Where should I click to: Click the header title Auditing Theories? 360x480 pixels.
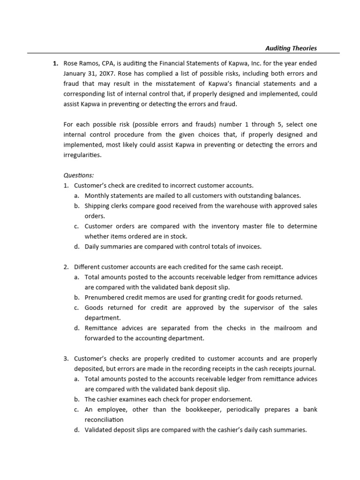point(291,48)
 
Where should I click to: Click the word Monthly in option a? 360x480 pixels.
point(97,195)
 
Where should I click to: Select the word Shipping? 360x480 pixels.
point(97,206)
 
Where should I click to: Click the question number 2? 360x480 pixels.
point(66,267)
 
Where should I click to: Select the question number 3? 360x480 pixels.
point(66,358)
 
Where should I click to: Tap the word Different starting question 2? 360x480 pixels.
point(88,267)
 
